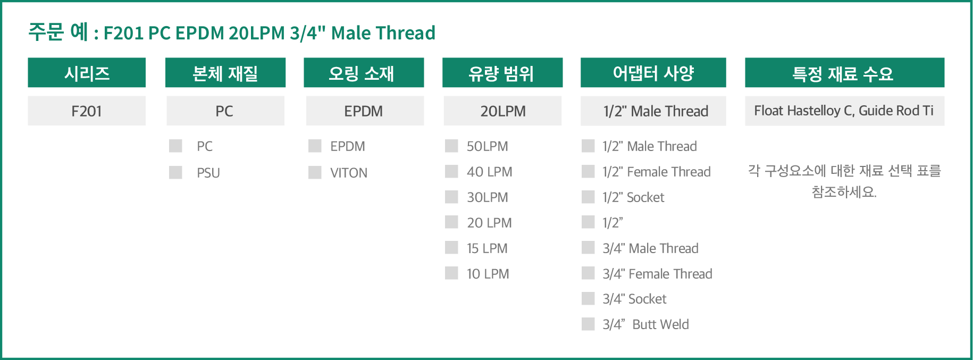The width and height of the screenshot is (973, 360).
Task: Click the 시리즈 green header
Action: point(87,72)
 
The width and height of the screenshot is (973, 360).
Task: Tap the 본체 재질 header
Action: point(225,72)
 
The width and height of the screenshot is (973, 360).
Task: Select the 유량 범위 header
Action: point(502,72)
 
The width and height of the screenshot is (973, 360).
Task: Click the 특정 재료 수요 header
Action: point(844,72)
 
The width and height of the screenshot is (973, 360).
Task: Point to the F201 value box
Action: point(87,111)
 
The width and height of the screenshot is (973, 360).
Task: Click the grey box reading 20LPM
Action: point(502,111)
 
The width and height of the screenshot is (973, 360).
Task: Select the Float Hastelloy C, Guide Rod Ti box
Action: point(844,111)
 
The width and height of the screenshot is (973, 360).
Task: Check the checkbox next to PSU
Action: point(175,172)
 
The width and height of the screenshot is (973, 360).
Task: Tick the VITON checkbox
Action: point(315,172)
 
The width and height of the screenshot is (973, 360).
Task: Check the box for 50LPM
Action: point(451,146)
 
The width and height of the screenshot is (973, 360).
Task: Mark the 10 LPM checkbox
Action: point(451,273)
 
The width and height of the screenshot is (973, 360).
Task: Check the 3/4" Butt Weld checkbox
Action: point(588,324)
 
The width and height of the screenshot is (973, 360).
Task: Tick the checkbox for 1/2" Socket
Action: point(588,197)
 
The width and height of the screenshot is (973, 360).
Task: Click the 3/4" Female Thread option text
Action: point(657,274)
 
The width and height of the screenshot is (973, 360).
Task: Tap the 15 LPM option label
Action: point(487,248)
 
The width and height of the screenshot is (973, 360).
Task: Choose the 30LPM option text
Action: point(488,197)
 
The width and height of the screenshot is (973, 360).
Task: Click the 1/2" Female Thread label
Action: point(657,172)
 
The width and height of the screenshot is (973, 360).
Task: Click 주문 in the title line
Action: point(46,32)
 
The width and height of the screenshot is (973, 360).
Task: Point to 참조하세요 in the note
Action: point(844,192)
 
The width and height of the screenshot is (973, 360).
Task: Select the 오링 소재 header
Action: point(364,72)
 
